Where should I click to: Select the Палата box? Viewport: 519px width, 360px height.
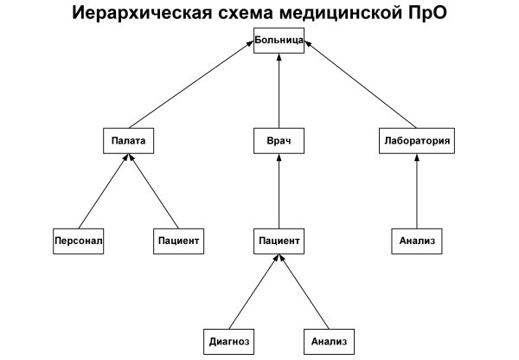click(x=129, y=140)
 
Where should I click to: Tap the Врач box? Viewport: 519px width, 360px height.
click(x=279, y=140)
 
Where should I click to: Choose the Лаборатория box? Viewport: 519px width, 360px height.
click(x=417, y=140)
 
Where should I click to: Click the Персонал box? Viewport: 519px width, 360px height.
click(x=79, y=240)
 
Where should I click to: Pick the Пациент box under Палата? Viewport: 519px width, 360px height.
click(x=180, y=240)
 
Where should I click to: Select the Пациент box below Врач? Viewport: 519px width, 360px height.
click(x=279, y=240)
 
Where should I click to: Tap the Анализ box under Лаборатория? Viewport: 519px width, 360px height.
click(x=417, y=240)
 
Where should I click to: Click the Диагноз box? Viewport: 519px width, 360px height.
click(x=229, y=341)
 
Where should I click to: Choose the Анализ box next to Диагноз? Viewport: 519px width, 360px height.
click(x=330, y=341)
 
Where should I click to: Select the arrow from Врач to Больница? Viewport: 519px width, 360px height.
click(x=279, y=91)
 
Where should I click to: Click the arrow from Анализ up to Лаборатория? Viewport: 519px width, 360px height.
click(x=417, y=190)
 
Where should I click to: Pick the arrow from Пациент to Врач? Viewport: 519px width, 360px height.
click(x=279, y=190)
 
